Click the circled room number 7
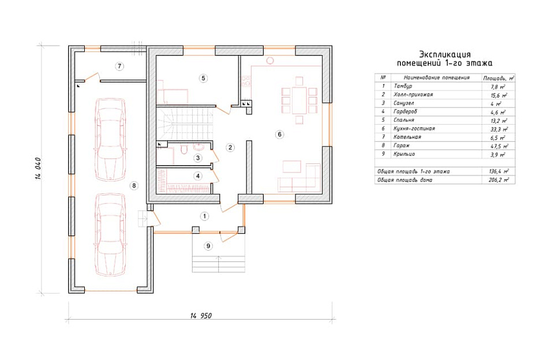(x=120, y=66)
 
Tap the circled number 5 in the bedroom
(x=203, y=78)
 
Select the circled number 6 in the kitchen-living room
(x=279, y=134)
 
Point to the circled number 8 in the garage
(x=133, y=185)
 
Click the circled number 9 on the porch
(x=208, y=246)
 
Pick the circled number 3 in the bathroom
(x=198, y=158)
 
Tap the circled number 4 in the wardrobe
(x=198, y=175)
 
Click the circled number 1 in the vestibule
(x=204, y=216)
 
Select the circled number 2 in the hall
(x=230, y=147)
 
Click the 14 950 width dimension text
(x=201, y=316)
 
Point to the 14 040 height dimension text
(x=39, y=168)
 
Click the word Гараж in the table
(x=402, y=145)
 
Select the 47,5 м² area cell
(x=499, y=146)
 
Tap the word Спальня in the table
(x=403, y=120)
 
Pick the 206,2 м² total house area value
(x=499, y=180)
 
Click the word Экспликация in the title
(x=445, y=54)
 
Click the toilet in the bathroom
(x=184, y=150)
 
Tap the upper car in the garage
(x=111, y=140)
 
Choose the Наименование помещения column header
(x=437, y=78)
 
